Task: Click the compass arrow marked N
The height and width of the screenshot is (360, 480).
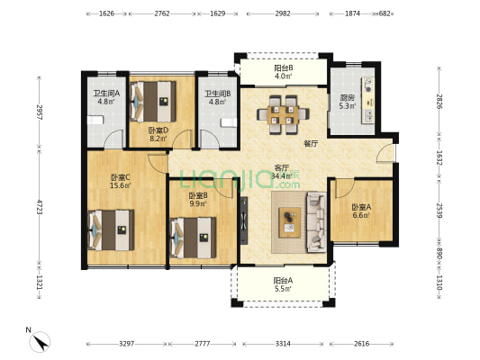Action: [x=41, y=342]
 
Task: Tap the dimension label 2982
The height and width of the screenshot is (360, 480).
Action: [x=283, y=13]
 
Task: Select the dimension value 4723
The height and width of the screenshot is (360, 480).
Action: [x=40, y=207]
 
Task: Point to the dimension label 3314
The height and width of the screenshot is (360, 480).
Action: [x=283, y=344]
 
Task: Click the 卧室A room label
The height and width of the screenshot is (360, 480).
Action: [x=361, y=207]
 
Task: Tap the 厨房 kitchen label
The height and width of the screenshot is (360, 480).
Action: [x=347, y=98]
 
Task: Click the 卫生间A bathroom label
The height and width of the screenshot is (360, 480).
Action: [x=106, y=94]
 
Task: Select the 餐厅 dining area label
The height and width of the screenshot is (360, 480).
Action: [x=311, y=143]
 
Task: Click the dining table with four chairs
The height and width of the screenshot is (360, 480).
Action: [x=283, y=114]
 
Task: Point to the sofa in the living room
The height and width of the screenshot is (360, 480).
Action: [x=316, y=221]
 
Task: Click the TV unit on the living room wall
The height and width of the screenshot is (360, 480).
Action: [x=244, y=220]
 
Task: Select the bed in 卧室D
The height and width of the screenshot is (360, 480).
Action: [x=153, y=102]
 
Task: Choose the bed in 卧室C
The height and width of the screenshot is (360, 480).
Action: [x=111, y=230]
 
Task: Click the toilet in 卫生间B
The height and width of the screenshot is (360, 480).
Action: [x=229, y=121]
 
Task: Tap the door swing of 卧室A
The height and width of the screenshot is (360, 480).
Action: [x=345, y=188]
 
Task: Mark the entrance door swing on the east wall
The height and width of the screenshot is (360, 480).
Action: [x=386, y=153]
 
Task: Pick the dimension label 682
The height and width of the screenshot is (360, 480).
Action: [x=385, y=13]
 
